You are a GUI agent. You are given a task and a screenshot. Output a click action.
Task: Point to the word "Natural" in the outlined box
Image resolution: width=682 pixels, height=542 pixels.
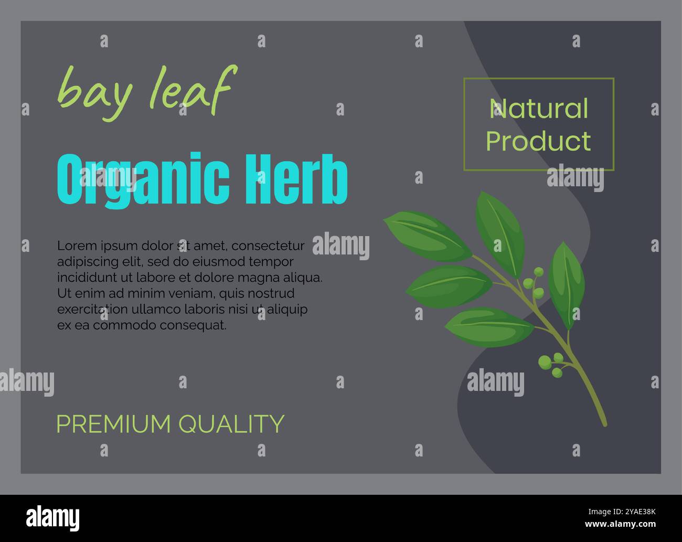tap(539, 109)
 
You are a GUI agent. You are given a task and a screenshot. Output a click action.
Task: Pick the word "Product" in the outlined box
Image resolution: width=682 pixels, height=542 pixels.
tap(539, 141)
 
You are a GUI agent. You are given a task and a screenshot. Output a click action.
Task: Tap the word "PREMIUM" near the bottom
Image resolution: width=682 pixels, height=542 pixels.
tap(113, 424)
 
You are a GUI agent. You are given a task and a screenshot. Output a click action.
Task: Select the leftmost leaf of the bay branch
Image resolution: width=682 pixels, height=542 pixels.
tap(428, 236)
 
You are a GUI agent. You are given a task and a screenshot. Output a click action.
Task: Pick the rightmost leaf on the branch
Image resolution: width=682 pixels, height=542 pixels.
tap(566, 283)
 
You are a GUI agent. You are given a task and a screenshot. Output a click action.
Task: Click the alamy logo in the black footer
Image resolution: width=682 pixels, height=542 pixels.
tap(52, 518)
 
